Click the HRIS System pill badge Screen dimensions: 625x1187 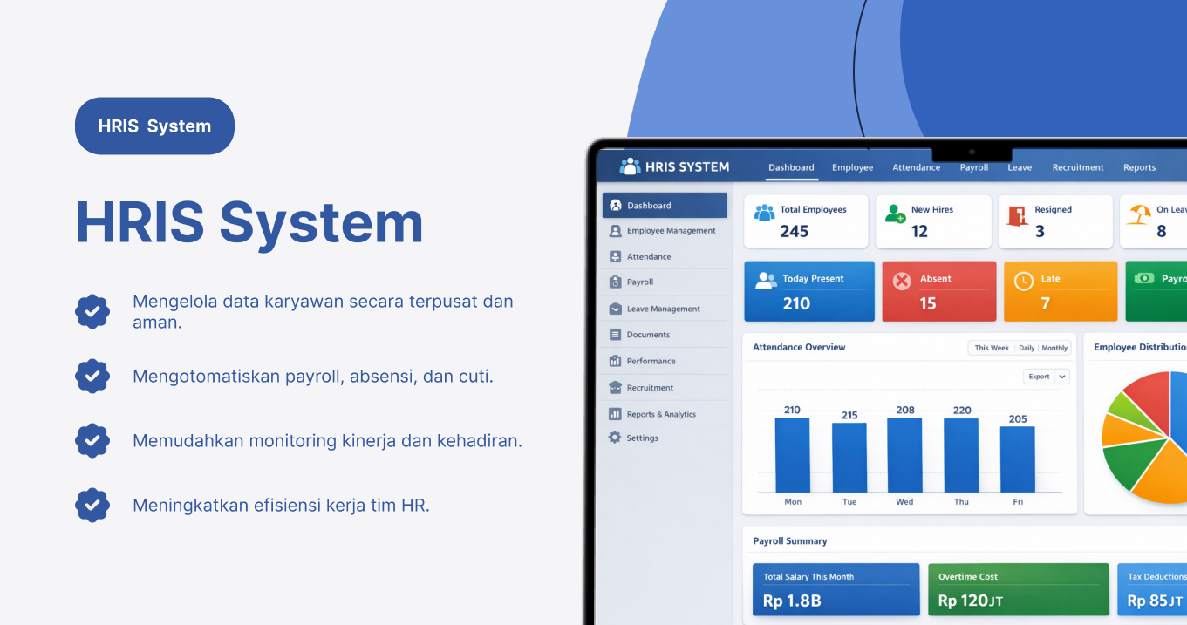click(x=154, y=126)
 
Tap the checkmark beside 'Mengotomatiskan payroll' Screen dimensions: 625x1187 click(x=92, y=376)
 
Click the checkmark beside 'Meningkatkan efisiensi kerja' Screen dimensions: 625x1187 click(x=92, y=505)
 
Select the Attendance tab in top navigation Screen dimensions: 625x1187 click(x=916, y=167)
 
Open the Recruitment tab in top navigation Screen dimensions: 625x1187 click(x=1077, y=167)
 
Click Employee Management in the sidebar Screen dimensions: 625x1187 click(x=670, y=231)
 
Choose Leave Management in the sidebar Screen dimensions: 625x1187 click(x=663, y=309)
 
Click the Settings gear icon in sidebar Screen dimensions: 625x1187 click(x=615, y=438)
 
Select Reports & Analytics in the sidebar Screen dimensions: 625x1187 click(x=660, y=414)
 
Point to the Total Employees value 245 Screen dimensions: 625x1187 click(x=794, y=231)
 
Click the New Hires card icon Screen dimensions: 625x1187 click(x=895, y=214)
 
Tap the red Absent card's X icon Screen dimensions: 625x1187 click(x=902, y=281)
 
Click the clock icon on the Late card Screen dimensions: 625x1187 click(x=1023, y=281)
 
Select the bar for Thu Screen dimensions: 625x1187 click(x=961, y=455)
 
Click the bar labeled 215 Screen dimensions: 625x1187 click(x=849, y=458)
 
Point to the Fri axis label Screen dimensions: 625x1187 click(x=1017, y=502)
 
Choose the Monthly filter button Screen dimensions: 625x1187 click(x=1054, y=348)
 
